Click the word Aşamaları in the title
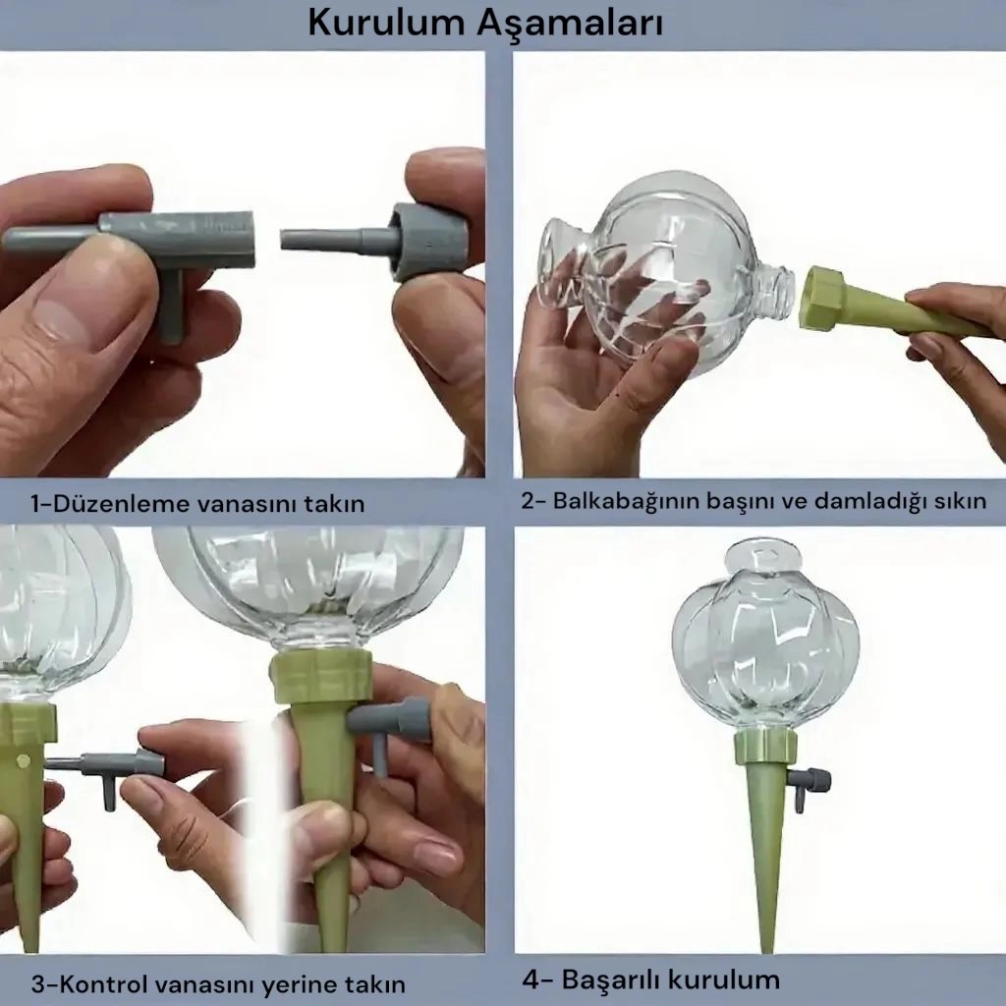[570, 24]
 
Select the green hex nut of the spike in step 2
[824, 299]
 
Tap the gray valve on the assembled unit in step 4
[809, 785]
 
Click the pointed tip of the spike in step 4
[766, 948]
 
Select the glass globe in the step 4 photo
[764, 642]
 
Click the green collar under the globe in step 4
[765, 748]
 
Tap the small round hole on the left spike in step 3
[24, 761]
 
